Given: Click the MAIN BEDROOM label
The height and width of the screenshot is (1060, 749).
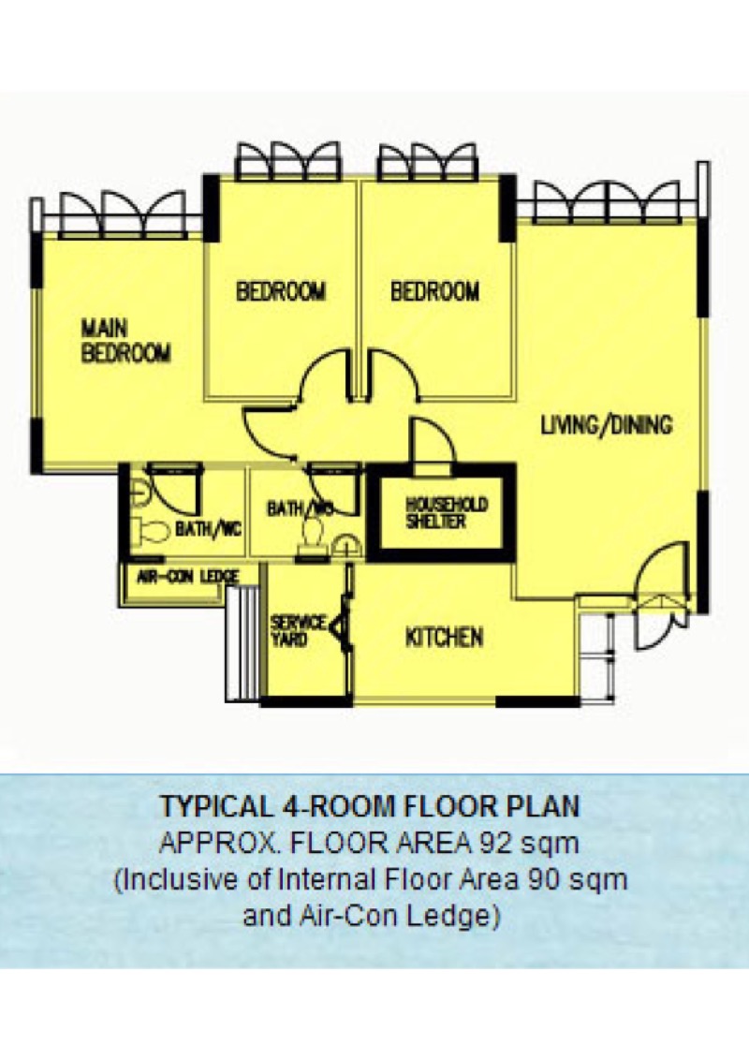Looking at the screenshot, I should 125,341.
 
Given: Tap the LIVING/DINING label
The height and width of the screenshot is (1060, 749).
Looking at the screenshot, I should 607,425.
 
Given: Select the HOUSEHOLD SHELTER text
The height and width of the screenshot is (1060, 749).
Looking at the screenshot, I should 446,512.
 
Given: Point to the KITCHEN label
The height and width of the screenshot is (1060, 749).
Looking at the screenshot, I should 444,638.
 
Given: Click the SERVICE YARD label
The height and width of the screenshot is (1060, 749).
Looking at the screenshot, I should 298,631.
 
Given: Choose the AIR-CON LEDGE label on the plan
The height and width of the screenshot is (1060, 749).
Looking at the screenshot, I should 187,577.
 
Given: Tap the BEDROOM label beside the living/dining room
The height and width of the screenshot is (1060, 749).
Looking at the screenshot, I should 434,291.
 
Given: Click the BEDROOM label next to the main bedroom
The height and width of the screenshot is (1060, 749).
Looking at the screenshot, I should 281,291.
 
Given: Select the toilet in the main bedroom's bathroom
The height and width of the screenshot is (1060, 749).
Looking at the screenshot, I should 150,531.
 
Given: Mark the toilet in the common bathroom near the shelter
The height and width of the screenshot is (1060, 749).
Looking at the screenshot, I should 311,534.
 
